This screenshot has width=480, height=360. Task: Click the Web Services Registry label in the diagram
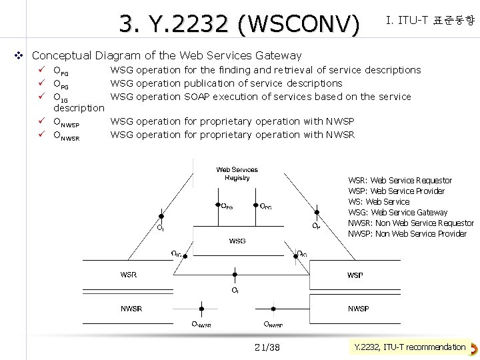coord(237,173)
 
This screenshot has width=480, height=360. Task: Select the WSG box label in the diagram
coord(237,241)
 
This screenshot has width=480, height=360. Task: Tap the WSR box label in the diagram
coord(129,275)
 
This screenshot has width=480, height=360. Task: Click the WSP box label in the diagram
coord(355,275)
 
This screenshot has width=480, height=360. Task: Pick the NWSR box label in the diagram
coord(131,309)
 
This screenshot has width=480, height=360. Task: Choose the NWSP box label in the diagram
coord(358,309)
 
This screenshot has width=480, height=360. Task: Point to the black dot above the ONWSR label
coord(201,308)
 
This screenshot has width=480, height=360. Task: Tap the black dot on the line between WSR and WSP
coord(235,273)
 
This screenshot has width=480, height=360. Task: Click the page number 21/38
coord(267,347)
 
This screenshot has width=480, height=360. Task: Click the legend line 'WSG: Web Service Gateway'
coord(398,213)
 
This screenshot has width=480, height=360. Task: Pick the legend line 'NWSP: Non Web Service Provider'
coord(407,234)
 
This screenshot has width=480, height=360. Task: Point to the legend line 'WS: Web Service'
coord(379,202)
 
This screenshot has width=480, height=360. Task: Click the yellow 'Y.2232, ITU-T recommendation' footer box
coord(409,347)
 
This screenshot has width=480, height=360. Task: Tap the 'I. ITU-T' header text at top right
coord(407,21)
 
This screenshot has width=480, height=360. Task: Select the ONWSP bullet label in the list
coord(66,122)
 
